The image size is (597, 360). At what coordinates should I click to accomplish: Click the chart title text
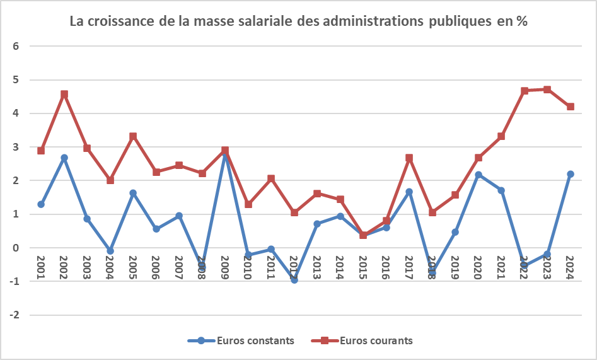[x=298, y=21]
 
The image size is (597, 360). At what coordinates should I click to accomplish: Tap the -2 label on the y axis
[x=15, y=315]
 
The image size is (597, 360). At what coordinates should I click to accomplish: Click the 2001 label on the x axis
[x=41, y=268]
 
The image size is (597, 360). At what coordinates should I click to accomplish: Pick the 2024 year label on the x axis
[x=570, y=268]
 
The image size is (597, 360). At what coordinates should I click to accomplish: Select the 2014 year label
[x=340, y=268]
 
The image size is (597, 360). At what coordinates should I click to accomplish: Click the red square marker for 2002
[x=64, y=95]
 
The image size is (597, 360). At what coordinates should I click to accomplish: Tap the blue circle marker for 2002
[x=64, y=158]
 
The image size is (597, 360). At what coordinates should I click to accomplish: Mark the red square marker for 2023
[x=547, y=90]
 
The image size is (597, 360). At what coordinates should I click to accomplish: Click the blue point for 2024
[x=570, y=174]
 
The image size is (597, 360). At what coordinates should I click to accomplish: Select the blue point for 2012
[x=294, y=280]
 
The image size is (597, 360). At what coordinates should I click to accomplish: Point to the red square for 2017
[x=409, y=158]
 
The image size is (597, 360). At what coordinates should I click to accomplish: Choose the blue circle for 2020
[x=478, y=175]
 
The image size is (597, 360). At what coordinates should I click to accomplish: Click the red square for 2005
[x=133, y=136]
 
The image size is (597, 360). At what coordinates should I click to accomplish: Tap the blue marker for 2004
[x=110, y=251]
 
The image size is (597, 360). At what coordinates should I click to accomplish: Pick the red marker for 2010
[x=248, y=204]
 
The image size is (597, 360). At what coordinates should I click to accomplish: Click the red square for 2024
[x=570, y=107]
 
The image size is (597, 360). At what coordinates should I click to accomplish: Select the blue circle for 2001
[x=41, y=204]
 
